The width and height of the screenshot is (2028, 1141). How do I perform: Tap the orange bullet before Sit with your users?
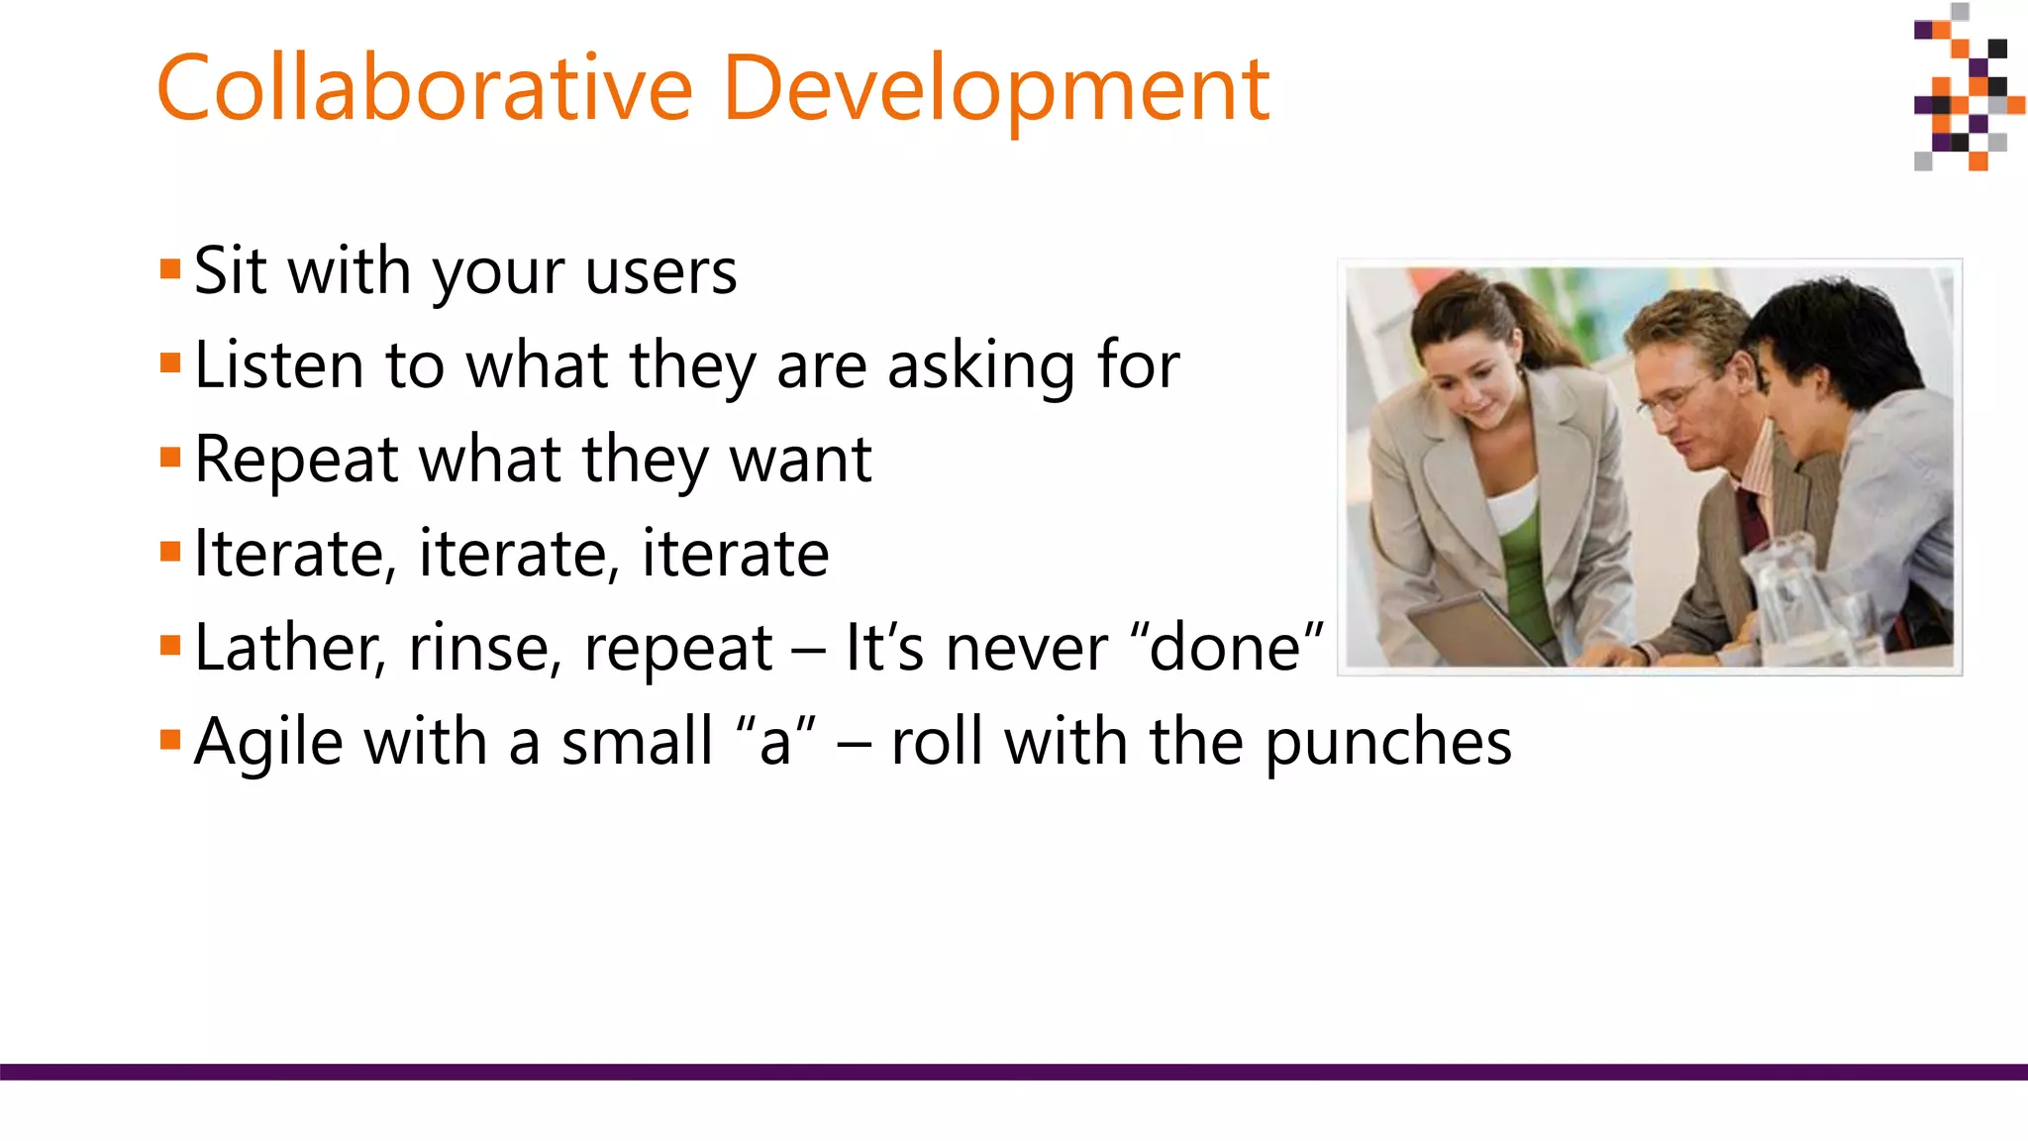[170, 269]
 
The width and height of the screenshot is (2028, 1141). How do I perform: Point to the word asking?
[980, 366]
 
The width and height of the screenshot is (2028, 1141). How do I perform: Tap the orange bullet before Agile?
[170, 740]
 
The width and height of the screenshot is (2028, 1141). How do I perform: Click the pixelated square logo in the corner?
[1967, 89]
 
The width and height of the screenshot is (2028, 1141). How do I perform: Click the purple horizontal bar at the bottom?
[1014, 1072]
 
